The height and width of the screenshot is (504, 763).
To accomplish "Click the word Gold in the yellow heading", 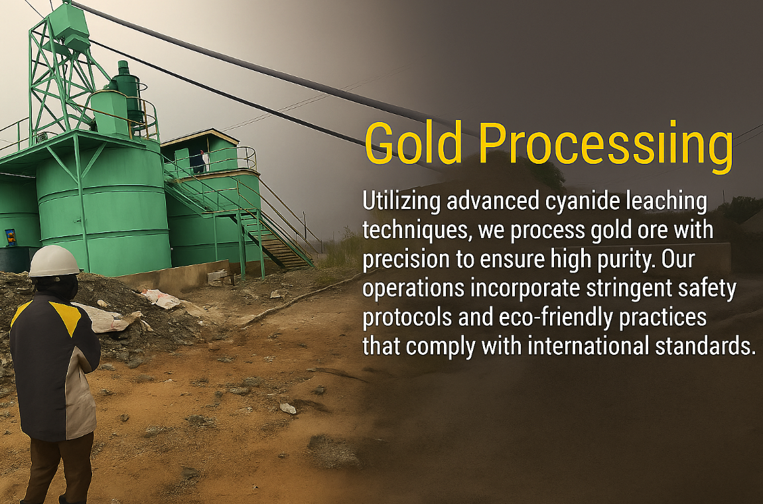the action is (x=413, y=142).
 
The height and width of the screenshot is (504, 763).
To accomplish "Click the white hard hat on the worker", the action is (x=54, y=261).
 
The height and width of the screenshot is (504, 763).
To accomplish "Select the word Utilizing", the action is (x=402, y=202).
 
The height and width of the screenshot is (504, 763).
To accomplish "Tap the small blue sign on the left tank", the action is (x=11, y=237).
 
